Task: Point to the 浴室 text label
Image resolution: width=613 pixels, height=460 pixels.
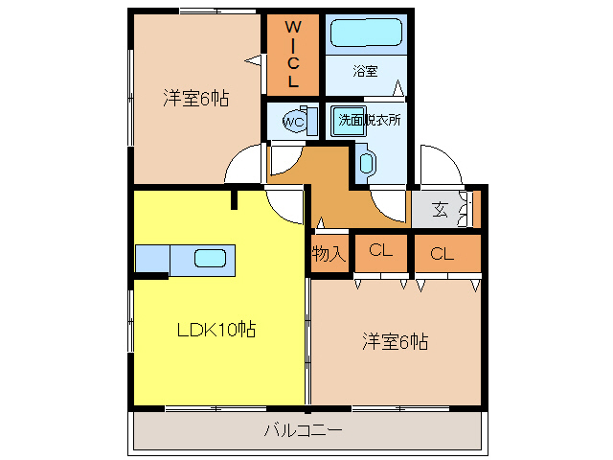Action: [x=365, y=71]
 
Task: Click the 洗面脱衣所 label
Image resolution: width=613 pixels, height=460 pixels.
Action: [x=369, y=121]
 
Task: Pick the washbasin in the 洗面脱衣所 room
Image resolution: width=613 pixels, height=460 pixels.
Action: [x=366, y=162]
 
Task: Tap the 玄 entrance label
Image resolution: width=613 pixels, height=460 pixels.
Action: [x=440, y=210]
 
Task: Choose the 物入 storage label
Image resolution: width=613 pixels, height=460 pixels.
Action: [x=329, y=253]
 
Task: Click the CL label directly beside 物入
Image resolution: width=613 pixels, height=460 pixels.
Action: [x=381, y=253]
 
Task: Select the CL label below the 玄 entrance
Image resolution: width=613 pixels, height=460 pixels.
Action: [x=442, y=253]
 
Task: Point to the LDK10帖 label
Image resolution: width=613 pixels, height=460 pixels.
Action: [x=216, y=330]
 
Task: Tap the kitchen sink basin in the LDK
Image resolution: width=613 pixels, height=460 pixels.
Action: [x=211, y=258]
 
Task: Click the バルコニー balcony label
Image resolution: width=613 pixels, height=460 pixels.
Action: [x=304, y=430]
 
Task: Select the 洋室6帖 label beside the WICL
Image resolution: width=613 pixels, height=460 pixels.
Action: [x=195, y=98]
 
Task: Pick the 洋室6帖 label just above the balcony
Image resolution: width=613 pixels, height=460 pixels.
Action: [x=395, y=341]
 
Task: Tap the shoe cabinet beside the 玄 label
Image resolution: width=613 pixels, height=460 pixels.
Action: [x=466, y=210]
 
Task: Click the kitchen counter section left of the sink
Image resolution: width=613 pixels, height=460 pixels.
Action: [x=151, y=258]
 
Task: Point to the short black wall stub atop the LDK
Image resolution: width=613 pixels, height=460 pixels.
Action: [x=233, y=199]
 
